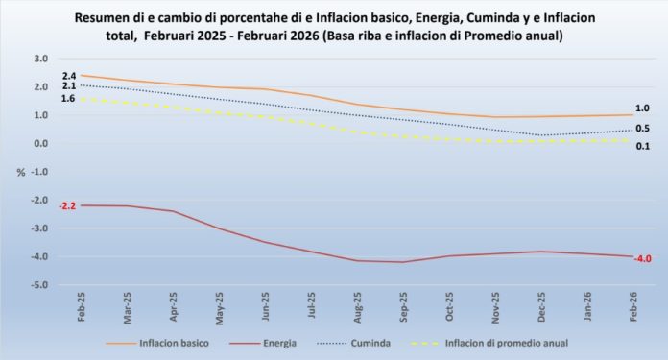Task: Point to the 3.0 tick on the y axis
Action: point(40,59)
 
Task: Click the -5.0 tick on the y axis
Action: point(38,285)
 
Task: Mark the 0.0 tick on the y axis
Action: point(40,144)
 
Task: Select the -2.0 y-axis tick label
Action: point(38,201)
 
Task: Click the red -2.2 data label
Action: point(67,206)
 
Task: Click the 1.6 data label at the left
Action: point(69,98)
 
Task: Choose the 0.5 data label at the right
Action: point(642,129)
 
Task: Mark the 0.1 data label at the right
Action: point(642,146)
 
